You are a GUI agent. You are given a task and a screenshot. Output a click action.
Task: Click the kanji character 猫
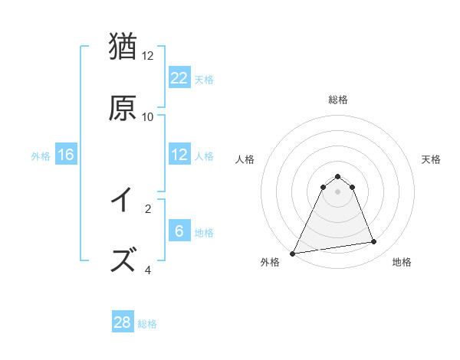coord(123,47)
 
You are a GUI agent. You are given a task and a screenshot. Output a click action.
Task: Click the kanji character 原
coord(123,108)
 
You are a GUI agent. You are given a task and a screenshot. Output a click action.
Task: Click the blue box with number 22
coord(179,78)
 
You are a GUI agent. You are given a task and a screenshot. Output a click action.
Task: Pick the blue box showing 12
coord(179,155)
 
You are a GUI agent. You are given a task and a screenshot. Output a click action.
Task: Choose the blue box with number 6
coord(179,231)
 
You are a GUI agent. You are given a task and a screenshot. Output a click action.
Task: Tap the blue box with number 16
coord(66,155)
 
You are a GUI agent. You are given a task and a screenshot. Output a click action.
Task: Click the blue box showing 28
coord(123,322)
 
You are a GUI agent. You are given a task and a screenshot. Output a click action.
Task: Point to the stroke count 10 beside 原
coord(148,116)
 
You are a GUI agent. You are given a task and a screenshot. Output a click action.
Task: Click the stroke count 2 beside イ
coord(148,208)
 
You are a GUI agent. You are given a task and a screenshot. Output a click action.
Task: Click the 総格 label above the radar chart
coord(338,100)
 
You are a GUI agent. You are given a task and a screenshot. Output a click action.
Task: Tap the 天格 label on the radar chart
coord(432,159)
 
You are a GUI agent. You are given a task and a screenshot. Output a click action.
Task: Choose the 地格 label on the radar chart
coord(402,262)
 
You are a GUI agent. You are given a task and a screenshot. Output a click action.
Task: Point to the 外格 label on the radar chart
coord(270,262)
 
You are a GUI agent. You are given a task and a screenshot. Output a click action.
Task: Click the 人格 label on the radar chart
coord(245,159)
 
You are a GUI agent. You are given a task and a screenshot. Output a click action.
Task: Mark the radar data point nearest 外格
coord(293,253)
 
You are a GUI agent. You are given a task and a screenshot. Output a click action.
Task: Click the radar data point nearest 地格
coord(373,242)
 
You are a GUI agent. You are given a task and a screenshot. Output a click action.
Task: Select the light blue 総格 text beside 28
coord(147,324)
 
